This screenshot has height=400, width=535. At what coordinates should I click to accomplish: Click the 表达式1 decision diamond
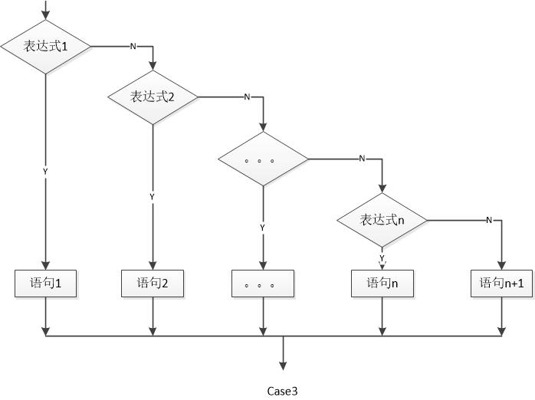coord(45,47)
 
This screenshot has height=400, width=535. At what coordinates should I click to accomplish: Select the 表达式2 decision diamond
coord(153,97)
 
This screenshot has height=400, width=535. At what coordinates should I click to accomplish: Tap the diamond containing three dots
coord(263,159)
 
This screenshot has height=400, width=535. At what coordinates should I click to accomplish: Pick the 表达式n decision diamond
coord(382,220)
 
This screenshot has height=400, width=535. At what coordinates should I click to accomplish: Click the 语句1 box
coord(45,284)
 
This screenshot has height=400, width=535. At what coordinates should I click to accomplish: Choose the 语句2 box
coord(153,284)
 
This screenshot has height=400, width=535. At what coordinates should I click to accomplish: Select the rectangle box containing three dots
coord(263,284)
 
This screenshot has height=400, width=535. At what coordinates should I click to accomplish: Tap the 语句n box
coord(382,284)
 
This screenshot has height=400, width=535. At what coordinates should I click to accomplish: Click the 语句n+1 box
coord(501,284)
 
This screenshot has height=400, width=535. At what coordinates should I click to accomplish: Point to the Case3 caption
coord(282,391)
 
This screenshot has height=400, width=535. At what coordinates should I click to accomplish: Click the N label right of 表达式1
coord(133,47)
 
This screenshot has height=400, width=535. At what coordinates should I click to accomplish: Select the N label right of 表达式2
coord(246,97)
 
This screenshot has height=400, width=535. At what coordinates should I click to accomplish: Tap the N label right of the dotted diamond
coord(362,159)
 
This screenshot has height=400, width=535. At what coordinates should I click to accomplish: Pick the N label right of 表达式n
coord(488,221)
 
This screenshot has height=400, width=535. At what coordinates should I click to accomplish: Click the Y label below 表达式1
coord(45,172)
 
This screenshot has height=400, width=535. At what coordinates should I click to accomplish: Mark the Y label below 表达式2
coord(152,197)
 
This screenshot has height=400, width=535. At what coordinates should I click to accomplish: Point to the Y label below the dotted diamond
coord(263,228)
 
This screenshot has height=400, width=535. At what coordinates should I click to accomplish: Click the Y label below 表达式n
coord(382,257)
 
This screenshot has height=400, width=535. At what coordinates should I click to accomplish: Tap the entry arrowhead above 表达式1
coord(45,15)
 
